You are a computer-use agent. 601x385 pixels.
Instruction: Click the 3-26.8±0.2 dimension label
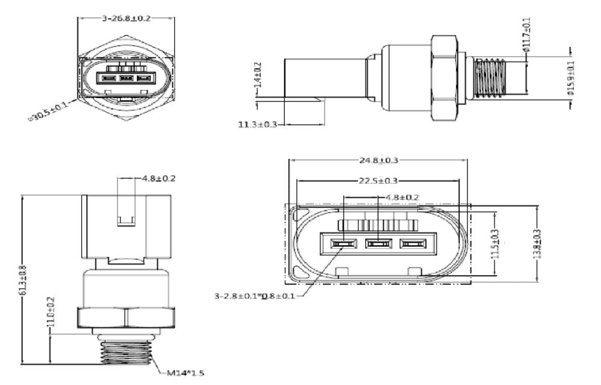point(126,18)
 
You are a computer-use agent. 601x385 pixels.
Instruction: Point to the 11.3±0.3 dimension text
point(258,124)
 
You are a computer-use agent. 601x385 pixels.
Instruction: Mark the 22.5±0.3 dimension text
point(377,181)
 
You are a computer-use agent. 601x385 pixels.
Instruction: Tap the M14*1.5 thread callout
point(185,373)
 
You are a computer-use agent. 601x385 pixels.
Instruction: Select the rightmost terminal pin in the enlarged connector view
point(412,244)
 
